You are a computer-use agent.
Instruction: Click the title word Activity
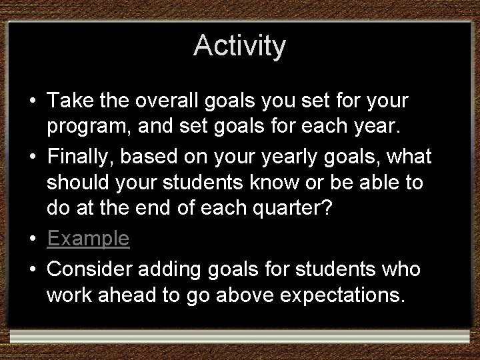coord(240,46)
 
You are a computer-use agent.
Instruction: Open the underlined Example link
coord(88,239)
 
